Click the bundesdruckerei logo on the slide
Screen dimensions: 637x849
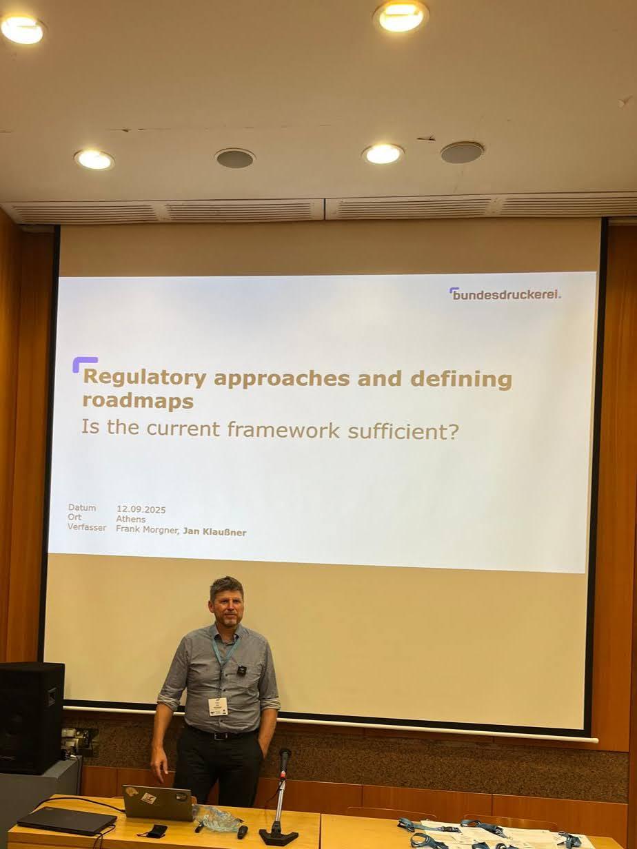505,295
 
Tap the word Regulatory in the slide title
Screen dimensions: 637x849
144,379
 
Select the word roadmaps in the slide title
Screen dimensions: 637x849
138,402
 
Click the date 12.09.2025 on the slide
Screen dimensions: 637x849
141,509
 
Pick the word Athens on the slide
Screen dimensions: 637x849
131,519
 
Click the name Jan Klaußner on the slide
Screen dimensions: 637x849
214,532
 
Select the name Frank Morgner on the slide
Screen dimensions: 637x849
148,529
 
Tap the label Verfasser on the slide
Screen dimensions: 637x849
87,526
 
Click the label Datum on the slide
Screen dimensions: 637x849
82,507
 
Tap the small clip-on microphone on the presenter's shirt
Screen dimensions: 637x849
242,668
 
